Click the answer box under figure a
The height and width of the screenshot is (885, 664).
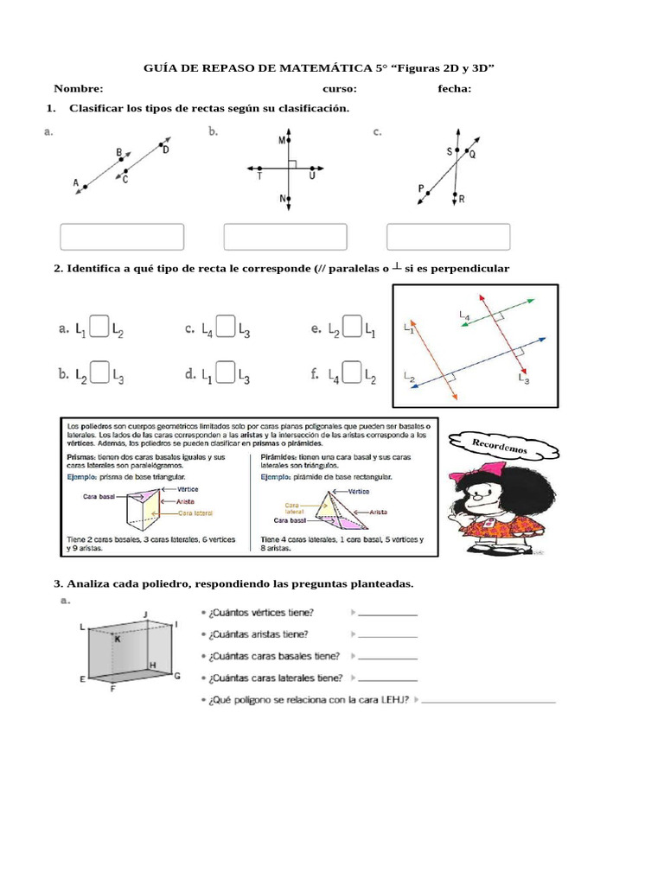pyautogui.click(x=121, y=237)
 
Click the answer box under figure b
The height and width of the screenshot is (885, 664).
pyautogui.click(x=284, y=237)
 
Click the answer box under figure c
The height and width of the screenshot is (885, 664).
pyautogui.click(x=448, y=237)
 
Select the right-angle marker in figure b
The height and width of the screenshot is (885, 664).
pyautogui.click(x=292, y=163)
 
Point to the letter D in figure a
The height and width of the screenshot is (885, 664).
pyautogui.click(x=165, y=150)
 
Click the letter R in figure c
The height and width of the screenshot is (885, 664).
pyautogui.click(x=462, y=199)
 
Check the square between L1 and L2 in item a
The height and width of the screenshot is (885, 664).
pyautogui.click(x=99, y=327)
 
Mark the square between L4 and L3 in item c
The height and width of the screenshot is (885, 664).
pyautogui.click(x=226, y=327)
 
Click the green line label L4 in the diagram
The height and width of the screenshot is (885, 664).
pyautogui.click(x=465, y=316)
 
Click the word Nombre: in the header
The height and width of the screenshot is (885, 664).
pyautogui.click(x=78, y=88)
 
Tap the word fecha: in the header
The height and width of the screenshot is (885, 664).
pyautogui.click(x=454, y=88)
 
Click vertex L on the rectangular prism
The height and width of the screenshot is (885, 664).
pyautogui.click(x=82, y=626)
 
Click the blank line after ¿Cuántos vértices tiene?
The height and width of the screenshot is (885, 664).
pyautogui.click(x=386, y=613)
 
